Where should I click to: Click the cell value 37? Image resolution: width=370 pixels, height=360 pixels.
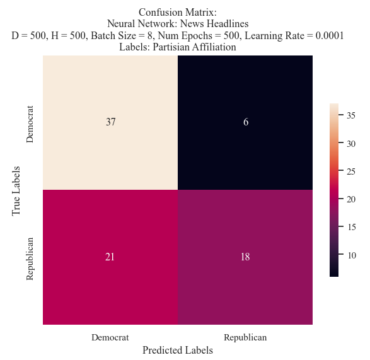tap(111, 122)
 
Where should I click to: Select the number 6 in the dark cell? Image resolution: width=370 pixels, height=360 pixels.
tap(246, 122)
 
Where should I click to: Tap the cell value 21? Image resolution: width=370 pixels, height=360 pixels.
tap(110, 257)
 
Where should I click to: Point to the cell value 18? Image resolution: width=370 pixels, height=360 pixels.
tap(245, 257)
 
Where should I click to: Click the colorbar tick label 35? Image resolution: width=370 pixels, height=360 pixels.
tap(351, 115)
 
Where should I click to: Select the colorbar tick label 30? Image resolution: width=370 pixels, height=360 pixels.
tap(351, 144)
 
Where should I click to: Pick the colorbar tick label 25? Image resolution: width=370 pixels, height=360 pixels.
tap(351, 171)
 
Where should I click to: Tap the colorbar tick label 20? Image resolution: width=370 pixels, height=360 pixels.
tap(351, 199)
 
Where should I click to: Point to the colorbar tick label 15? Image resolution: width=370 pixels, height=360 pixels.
tap(351, 227)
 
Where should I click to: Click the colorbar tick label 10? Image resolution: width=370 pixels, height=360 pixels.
tap(351, 255)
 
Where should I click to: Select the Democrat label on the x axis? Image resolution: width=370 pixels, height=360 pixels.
tap(110, 337)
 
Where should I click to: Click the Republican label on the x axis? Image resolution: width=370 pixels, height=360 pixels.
tap(245, 337)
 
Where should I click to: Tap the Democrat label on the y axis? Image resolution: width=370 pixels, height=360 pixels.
tap(30, 124)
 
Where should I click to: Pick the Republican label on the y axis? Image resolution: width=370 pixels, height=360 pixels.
tap(30, 259)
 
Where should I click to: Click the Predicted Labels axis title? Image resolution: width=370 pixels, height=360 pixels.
tap(178, 350)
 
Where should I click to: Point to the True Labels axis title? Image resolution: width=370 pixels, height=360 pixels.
tap(16, 191)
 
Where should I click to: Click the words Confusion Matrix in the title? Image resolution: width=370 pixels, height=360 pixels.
tap(178, 12)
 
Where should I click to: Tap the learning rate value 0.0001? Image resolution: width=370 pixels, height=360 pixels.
tap(330, 35)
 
